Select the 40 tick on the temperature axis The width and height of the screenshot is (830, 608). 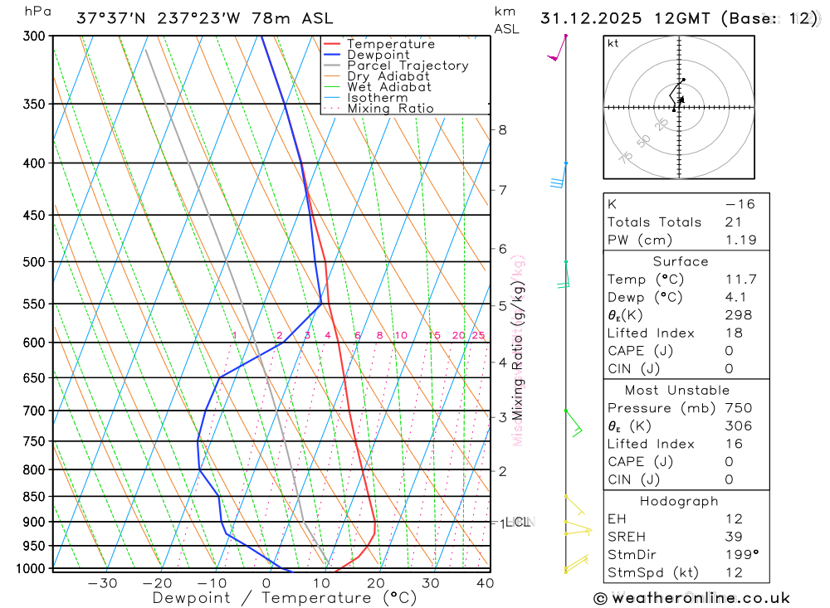coord(486,583)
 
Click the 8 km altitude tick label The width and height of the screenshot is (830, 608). coord(502,129)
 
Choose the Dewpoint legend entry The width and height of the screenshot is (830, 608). coord(378,55)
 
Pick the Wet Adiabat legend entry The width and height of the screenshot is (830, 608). coord(388,87)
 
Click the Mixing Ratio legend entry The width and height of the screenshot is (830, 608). coord(390,109)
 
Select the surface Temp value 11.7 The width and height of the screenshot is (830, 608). coord(740,280)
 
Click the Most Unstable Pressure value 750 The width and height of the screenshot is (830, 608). coord(737,408)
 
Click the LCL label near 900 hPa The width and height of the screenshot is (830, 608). coord(518,522)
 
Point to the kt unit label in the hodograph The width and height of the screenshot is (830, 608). coord(613,43)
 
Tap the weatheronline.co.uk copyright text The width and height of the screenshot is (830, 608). coord(691,598)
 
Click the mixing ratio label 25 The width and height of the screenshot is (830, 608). coord(478,335)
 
